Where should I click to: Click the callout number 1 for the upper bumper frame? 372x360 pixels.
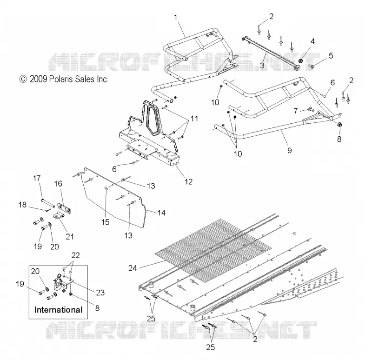click(176, 17)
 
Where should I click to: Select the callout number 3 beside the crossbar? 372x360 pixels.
click(262, 65)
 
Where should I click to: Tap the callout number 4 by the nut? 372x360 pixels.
click(312, 41)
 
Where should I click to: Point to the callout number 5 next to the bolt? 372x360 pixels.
click(331, 55)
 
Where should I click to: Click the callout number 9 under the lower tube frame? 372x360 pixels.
click(289, 150)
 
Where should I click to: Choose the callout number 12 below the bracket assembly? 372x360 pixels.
click(188, 182)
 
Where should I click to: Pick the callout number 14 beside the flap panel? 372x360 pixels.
click(161, 213)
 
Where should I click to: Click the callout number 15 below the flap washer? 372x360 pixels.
click(106, 222)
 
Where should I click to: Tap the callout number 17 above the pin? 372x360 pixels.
click(37, 178)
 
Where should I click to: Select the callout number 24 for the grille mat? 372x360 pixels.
click(133, 268)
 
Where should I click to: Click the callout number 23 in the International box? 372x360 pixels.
click(100, 293)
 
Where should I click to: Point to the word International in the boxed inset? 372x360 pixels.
click(59, 310)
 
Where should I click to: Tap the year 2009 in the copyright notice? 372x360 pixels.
click(38, 79)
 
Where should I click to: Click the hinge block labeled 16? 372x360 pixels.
click(64, 208)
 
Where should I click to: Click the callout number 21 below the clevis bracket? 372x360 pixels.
click(70, 237)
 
